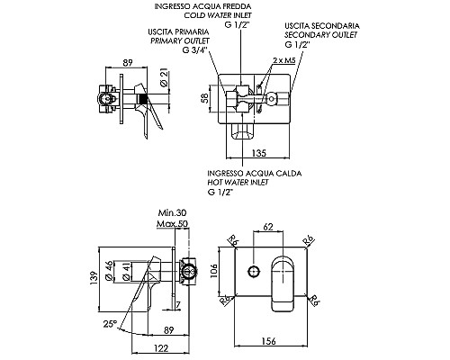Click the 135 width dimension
click(x=258, y=153)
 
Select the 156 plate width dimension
click(x=268, y=341)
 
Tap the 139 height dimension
click(x=94, y=278)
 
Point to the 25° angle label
click(x=110, y=324)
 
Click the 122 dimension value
click(x=161, y=348)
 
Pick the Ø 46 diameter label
click(x=110, y=271)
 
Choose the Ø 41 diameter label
click(x=127, y=271)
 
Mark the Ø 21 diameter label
click(x=164, y=77)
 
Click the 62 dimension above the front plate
click(x=268, y=227)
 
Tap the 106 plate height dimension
click(x=213, y=271)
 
